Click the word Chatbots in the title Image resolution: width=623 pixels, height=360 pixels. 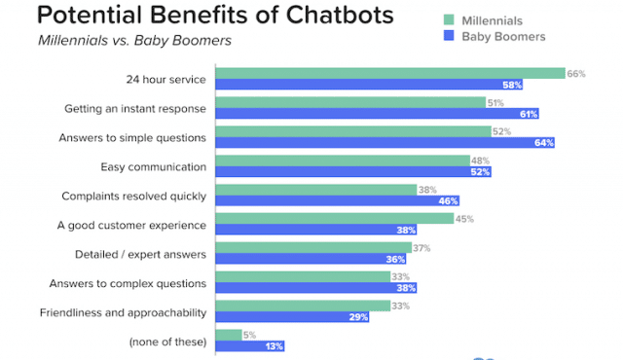(335, 16)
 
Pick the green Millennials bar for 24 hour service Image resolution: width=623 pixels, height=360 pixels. (389, 73)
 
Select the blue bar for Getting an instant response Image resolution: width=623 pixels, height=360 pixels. (376, 114)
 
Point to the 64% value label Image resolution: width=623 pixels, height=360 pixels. (543, 144)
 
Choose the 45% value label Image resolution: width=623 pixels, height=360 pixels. (464, 219)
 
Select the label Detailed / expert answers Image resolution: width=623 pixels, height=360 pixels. (141, 255)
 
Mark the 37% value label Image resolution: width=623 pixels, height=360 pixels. (421, 248)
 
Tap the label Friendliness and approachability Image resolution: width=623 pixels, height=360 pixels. (124, 312)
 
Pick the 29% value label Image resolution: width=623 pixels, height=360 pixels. (358, 318)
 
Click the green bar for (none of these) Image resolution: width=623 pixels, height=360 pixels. (228, 336)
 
